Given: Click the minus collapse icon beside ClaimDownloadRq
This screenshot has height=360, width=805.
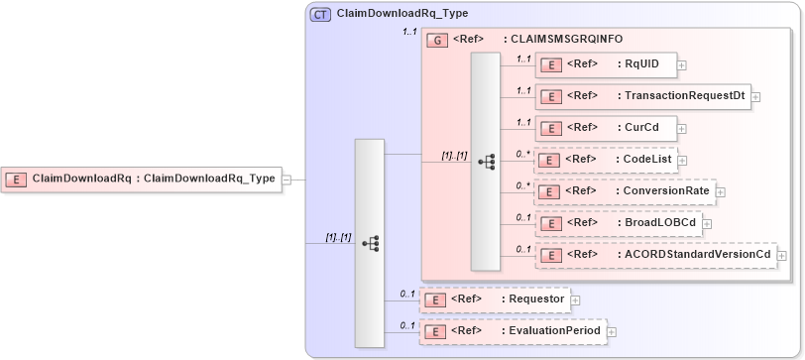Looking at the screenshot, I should pyautogui.click(x=286, y=180).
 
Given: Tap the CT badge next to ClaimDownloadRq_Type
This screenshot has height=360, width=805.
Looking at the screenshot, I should pyautogui.click(x=321, y=14).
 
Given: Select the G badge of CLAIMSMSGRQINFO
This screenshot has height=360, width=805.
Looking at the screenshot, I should pyautogui.click(x=436, y=40).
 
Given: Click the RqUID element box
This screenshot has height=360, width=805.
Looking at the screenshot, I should pyautogui.click(x=605, y=64).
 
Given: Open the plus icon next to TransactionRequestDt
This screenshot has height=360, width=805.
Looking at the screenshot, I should pyautogui.click(x=755, y=96).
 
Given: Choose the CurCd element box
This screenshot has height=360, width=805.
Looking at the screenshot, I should pyautogui.click(x=605, y=128).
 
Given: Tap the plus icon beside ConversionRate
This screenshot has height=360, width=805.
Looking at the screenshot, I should pyautogui.click(x=721, y=191).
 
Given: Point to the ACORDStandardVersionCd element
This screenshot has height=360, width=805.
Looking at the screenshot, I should pyautogui.click(x=655, y=255).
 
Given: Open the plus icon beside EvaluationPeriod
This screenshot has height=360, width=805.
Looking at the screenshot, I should pyautogui.click(x=611, y=331).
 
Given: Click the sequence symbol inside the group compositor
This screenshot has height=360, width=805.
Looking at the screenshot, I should pyautogui.click(x=486, y=162).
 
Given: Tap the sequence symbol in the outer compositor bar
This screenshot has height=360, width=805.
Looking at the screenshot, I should pyautogui.click(x=370, y=243).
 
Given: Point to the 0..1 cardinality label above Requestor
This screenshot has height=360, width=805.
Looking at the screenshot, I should pyautogui.click(x=406, y=294).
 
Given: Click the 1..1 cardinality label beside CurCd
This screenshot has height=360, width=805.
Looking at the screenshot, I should pyautogui.click(x=523, y=122).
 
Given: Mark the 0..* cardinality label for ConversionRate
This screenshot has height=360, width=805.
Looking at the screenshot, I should pyautogui.click(x=523, y=185).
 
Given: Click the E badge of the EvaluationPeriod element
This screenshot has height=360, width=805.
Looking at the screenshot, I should pyautogui.click(x=434, y=331).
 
